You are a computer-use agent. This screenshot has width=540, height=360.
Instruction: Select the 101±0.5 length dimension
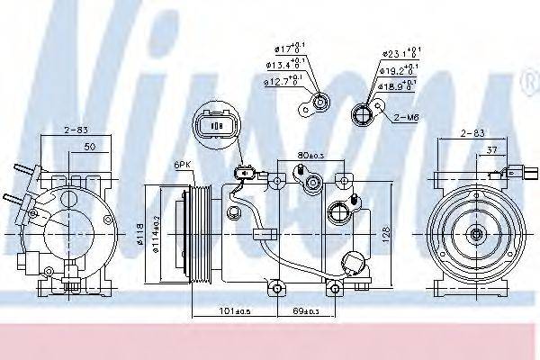(x=236, y=312)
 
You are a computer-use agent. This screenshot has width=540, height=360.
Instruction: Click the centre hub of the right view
(x=476, y=235)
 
